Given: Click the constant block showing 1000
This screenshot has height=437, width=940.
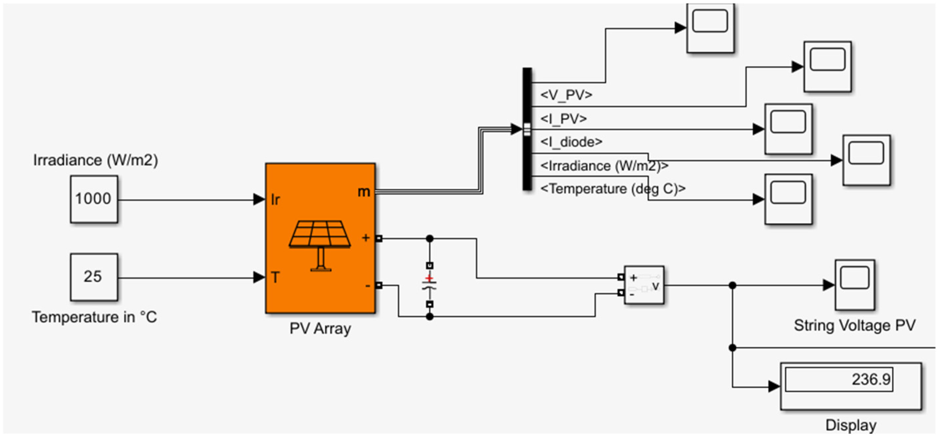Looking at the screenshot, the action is (94, 199).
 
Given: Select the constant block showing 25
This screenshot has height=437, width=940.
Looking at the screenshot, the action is (94, 277).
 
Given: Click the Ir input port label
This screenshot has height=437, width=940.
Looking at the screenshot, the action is (275, 200).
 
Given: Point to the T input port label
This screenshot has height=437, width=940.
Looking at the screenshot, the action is (275, 278).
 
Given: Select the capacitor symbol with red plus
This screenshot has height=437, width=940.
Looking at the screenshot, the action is (430, 284).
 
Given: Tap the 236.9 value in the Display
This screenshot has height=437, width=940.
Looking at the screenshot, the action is (871, 379).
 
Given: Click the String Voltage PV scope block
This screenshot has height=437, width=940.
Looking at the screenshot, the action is (855, 284).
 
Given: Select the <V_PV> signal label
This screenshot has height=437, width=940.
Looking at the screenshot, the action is (566, 95).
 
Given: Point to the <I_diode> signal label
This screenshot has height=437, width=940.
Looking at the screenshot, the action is (571, 142).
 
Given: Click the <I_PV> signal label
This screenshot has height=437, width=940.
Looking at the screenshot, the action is (563, 118).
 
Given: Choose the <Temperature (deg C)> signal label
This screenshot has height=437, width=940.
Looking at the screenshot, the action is (613, 189).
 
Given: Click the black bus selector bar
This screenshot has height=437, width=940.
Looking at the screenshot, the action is (527, 129).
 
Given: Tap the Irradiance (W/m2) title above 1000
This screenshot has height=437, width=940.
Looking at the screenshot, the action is (96, 160).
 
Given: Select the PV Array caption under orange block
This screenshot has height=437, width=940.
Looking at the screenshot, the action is (320, 328).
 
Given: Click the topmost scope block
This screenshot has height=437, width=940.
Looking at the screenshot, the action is (710, 28).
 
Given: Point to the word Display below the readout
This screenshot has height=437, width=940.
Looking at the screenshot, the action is (851, 425).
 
